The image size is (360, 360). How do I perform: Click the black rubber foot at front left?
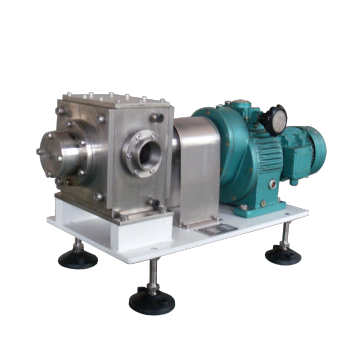76,259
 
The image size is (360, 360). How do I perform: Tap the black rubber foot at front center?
150,299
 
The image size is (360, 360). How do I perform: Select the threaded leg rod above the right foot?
285,236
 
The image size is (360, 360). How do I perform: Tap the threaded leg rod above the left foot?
77,240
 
